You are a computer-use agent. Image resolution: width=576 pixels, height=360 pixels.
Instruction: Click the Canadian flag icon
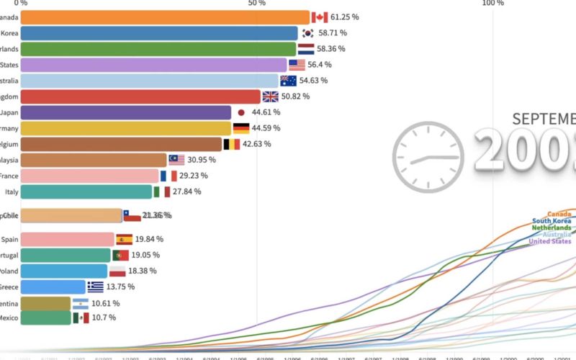tap(320, 17)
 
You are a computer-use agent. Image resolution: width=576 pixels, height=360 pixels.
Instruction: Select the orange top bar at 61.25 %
tap(165, 17)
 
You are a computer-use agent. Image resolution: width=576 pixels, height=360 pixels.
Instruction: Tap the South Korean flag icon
tap(307, 33)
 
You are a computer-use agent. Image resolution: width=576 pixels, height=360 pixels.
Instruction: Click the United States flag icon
tap(297, 65)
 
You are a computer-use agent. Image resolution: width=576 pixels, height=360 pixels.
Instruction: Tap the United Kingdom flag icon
tap(270, 96)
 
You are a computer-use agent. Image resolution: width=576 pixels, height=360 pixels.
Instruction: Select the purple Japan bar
tap(126, 112)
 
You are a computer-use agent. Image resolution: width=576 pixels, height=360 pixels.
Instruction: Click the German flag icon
tap(240, 128)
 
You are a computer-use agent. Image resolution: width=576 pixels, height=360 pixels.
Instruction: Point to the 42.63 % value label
tap(257, 144)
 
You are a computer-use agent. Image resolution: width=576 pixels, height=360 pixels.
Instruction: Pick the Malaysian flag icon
tap(177, 160)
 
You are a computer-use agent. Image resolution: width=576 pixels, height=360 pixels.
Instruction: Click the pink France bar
tap(89, 176)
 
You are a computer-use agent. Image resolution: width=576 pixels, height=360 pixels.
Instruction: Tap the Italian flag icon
tap(161, 192)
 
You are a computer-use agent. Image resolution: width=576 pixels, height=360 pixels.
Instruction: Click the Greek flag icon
tap(95, 287)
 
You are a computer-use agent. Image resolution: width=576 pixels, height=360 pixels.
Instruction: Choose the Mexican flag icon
tap(81, 318)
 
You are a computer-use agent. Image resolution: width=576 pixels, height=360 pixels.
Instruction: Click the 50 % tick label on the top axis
tap(256, 4)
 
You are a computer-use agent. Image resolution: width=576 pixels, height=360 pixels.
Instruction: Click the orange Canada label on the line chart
tap(559, 214)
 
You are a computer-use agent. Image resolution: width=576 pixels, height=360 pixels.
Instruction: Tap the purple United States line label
tap(551, 241)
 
